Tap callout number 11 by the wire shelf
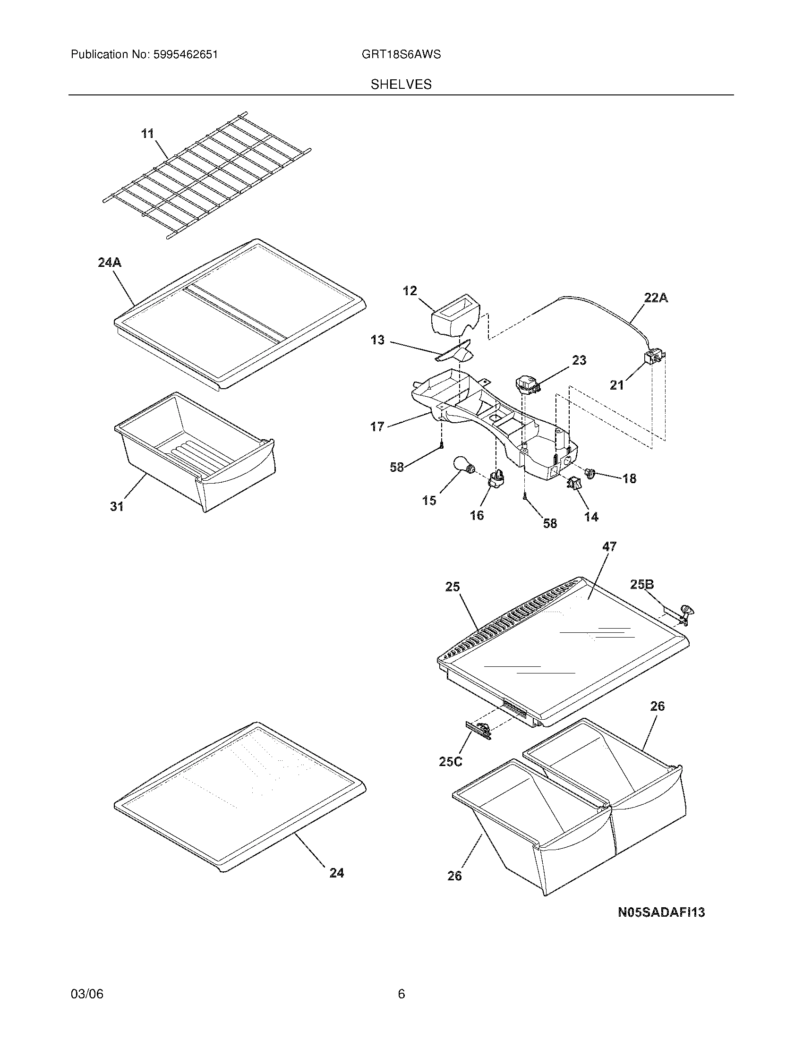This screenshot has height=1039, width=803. tap(148, 134)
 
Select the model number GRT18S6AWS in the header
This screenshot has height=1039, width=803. tap(401, 54)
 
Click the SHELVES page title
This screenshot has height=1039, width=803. tap(401, 85)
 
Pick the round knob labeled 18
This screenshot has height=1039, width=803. tap(590, 473)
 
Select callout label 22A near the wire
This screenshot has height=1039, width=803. tap(656, 298)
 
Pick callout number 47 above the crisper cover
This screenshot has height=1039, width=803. tap(609, 547)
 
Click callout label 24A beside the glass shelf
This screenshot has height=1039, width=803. tap(110, 262)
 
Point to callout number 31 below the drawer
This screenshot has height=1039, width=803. tap(117, 507)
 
